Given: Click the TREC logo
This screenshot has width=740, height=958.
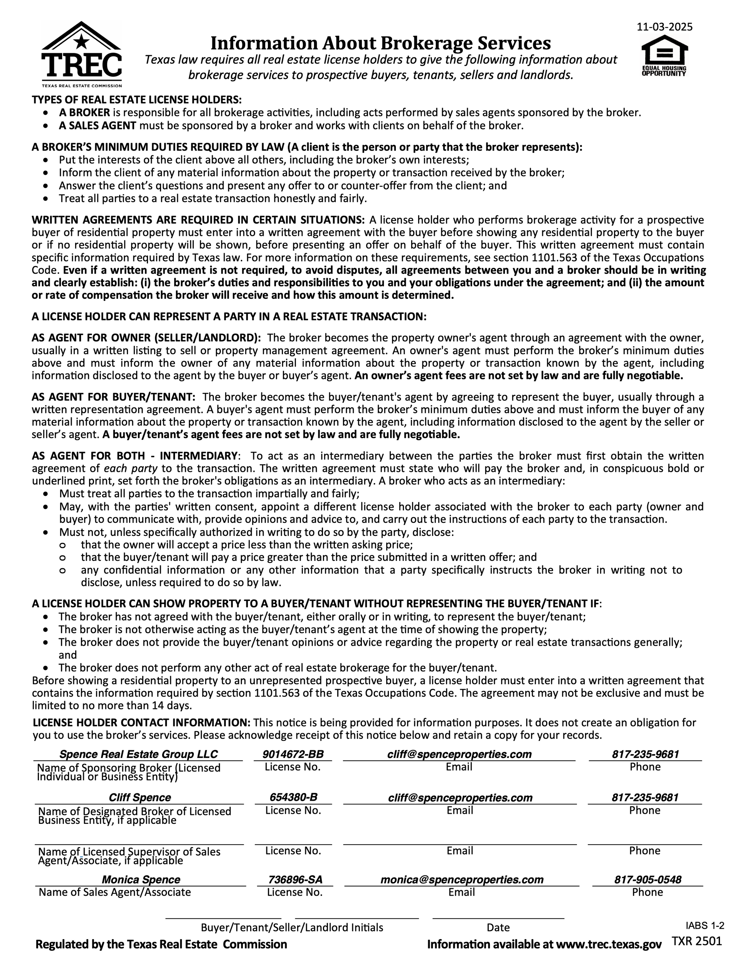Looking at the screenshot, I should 82,54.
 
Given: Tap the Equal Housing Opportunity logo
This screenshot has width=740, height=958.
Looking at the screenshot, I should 664,56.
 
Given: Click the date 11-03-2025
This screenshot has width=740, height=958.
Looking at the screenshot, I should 664,27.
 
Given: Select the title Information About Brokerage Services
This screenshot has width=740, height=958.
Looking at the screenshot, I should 380,43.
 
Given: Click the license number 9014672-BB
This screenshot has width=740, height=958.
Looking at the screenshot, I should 293,754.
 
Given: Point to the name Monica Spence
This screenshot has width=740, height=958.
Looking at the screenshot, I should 141,879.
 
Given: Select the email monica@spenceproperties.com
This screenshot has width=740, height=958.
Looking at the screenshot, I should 462,879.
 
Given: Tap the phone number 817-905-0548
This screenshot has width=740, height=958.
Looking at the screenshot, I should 648,879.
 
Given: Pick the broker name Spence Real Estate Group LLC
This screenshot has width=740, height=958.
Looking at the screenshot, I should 138,754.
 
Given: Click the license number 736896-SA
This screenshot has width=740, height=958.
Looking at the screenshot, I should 295,879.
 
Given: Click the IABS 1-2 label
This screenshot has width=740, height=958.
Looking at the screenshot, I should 705,926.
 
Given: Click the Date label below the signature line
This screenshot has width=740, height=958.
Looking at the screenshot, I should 498,927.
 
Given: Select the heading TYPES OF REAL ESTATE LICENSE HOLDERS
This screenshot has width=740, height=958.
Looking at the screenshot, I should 136,99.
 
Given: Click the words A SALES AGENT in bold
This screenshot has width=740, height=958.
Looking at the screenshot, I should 98,125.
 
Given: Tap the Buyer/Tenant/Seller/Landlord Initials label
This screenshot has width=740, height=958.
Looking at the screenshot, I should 292,927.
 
